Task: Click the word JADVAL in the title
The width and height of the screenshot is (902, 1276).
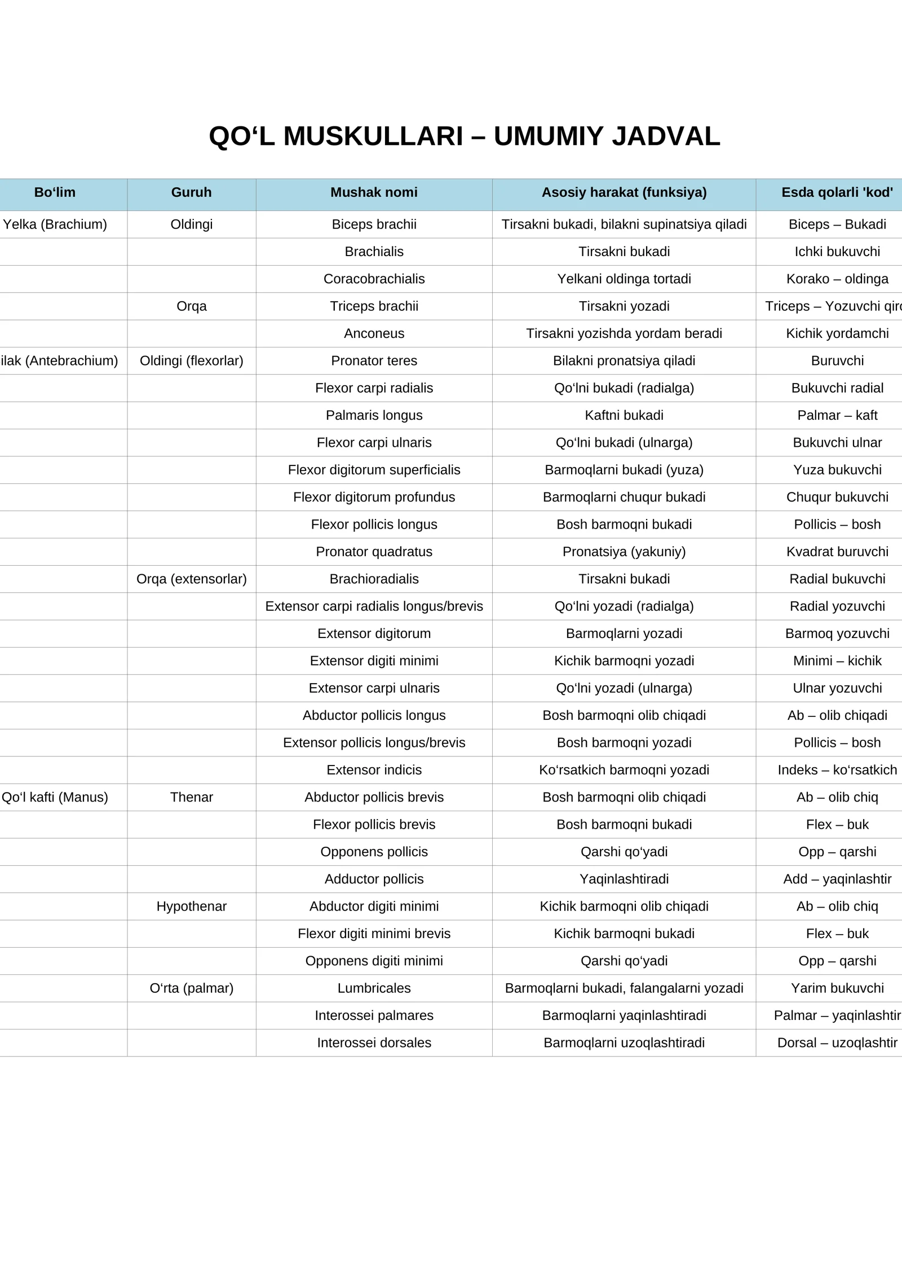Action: click(x=666, y=137)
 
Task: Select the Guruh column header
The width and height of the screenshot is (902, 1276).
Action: click(x=191, y=192)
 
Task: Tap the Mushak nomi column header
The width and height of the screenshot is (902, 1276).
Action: click(x=374, y=192)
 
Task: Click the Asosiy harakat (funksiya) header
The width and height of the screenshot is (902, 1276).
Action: click(x=624, y=192)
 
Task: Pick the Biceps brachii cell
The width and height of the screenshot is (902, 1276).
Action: click(x=374, y=225)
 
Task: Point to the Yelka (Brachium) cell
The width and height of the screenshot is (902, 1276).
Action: click(x=55, y=225)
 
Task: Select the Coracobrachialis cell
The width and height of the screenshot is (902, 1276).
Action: click(x=374, y=279)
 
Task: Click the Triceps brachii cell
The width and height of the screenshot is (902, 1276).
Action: click(x=374, y=306)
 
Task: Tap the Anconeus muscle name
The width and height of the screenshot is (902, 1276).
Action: click(x=374, y=333)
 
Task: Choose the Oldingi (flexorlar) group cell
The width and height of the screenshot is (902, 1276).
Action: click(x=191, y=361)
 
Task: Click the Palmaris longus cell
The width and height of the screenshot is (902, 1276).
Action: click(x=374, y=415)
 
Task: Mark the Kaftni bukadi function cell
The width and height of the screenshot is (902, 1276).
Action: click(x=624, y=415)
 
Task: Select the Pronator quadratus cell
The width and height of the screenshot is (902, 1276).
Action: click(x=374, y=552)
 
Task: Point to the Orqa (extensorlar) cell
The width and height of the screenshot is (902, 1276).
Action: click(x=191, y=579)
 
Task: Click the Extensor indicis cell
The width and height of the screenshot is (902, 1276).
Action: click(x=374, y=770)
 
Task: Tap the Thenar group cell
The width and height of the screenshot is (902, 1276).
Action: click(x=191, y=797)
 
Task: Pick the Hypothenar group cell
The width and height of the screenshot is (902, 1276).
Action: click(x=191, y=907)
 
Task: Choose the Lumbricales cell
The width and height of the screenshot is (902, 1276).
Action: click(x=374, y=988)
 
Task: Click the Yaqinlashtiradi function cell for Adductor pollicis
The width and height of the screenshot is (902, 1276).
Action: click(x=624, y=879)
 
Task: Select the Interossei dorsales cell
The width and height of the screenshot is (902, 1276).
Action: click(x=374, y=1043)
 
